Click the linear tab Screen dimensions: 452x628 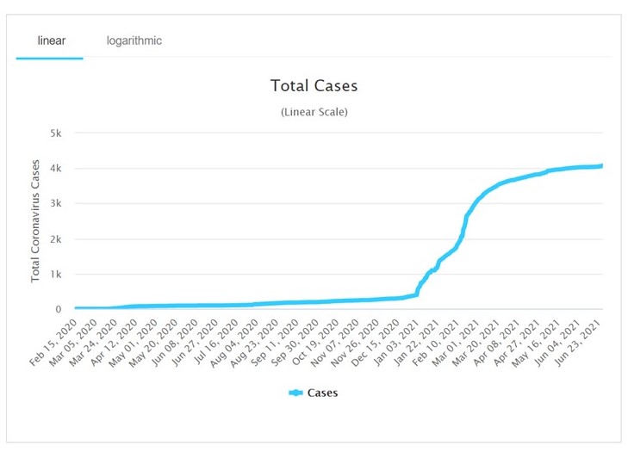(x=51, y=40)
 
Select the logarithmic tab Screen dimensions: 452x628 (x=134, y=40)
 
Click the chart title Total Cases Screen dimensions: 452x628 (x=314, y=86)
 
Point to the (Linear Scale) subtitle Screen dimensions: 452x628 (x=314, y=112)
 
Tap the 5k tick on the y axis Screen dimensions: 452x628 (x=56, y=133)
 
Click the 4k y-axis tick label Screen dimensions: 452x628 (x=56, y=168)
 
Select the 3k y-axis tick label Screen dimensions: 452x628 (x=56, y=203)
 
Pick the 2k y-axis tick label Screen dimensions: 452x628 (x=56, y=238)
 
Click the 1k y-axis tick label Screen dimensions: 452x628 (x=56, y=274)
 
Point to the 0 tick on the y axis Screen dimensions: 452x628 (x=59, y=309)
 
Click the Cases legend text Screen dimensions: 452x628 (x=323, y=393)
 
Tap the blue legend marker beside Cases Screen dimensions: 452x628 (x=295, y=393)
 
